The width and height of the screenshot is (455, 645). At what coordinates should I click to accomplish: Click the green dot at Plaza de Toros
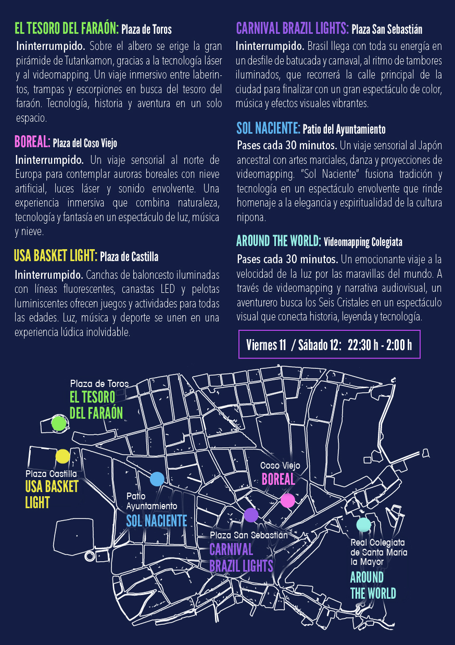pos(59,423)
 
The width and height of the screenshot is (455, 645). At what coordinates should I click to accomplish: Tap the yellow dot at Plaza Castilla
pos(62,456)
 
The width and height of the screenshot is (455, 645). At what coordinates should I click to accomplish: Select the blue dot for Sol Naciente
pos(157,479)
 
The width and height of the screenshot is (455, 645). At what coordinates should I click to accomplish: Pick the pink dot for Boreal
pos(287,500)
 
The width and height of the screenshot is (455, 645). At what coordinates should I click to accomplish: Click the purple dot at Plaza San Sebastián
pos(251,515)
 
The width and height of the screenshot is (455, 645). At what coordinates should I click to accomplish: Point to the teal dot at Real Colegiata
pos(364,525)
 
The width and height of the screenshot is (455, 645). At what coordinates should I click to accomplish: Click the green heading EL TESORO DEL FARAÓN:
pos(67,28)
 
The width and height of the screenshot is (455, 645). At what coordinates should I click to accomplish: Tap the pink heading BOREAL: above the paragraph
pos(33,141)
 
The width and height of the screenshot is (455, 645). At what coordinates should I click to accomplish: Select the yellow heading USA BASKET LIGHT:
pos(56,255)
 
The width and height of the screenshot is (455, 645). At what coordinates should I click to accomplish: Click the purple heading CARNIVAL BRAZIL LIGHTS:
pos(292,28)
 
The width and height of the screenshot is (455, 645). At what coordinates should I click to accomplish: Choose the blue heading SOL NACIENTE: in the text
pos(268,128)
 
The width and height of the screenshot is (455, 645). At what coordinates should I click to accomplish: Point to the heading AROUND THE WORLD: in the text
pos(279,241)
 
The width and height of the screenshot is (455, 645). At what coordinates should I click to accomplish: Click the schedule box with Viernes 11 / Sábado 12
pos(330,344)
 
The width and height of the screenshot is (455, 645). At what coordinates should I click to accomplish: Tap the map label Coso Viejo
pos(280,466)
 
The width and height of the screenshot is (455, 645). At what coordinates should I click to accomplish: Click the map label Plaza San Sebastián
pos(249,535)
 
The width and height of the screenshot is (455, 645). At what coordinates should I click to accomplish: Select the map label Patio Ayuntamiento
pos(151,501)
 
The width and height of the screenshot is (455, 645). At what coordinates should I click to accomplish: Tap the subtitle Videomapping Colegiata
pos(363,242)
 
